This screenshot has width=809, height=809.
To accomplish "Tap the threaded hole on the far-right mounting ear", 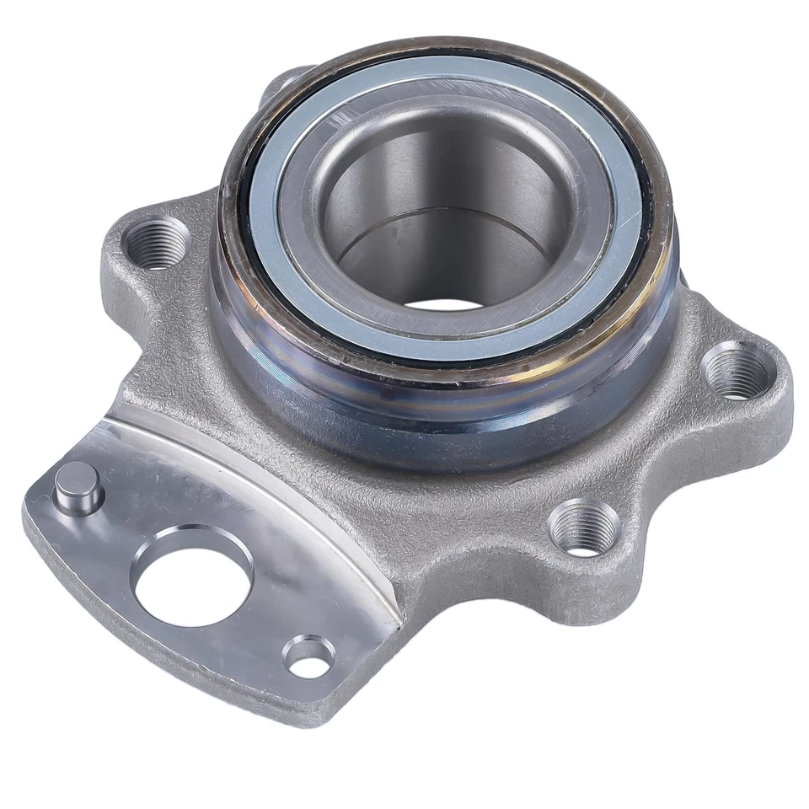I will coord(735,371).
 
